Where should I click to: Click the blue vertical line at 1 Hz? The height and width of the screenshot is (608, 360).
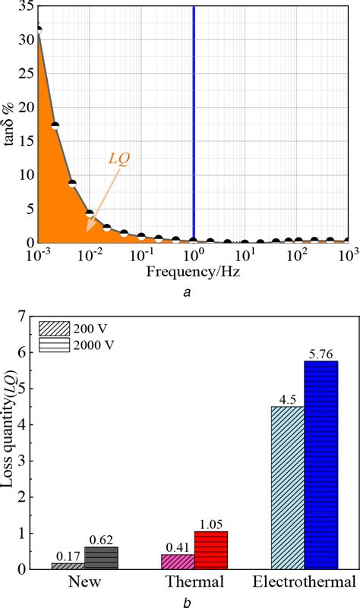pos(194,121)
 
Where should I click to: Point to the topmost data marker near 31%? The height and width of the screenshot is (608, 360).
pos(38,30)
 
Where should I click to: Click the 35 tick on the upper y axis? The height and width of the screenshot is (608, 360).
pos(27,5)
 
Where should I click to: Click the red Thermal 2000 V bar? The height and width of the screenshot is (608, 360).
pos(211,550)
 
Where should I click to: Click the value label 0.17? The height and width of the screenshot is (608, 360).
pos(68,556)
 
